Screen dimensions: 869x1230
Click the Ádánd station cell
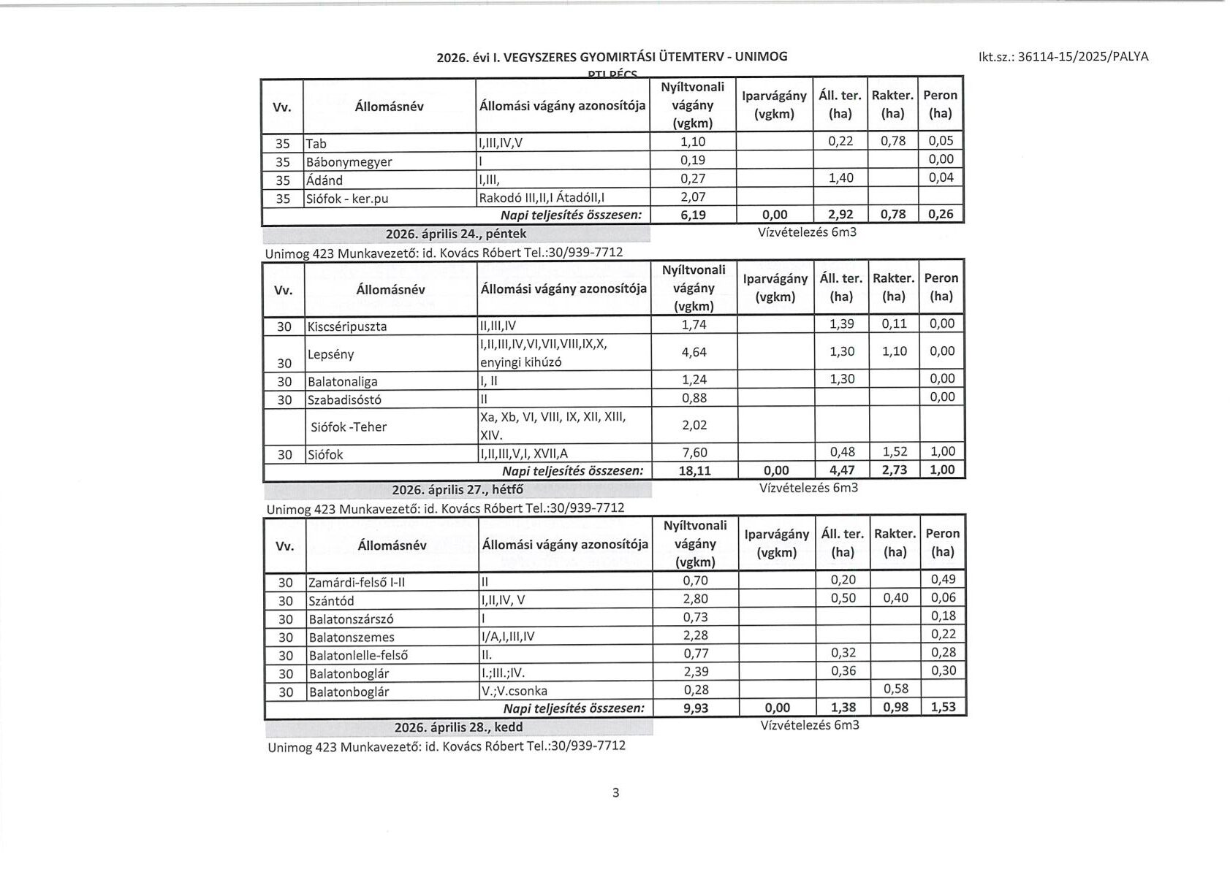324,180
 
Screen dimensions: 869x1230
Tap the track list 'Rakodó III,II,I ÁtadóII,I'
542,197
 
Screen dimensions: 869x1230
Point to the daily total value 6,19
692,215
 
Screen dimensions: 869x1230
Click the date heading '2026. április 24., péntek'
455,234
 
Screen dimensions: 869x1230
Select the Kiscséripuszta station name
347,326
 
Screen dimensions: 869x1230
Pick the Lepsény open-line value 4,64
694,352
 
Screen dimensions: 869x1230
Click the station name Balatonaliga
341,381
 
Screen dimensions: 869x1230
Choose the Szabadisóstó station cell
344,399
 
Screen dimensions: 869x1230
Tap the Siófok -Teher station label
349,426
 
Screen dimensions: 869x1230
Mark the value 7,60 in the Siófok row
694,453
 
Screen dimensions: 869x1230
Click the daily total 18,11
694,470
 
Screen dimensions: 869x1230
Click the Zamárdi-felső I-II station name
357,582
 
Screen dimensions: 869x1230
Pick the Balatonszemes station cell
352,637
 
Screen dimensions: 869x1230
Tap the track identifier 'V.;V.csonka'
515,691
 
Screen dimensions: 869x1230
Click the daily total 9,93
696,708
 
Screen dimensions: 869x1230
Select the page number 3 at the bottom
615,792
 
